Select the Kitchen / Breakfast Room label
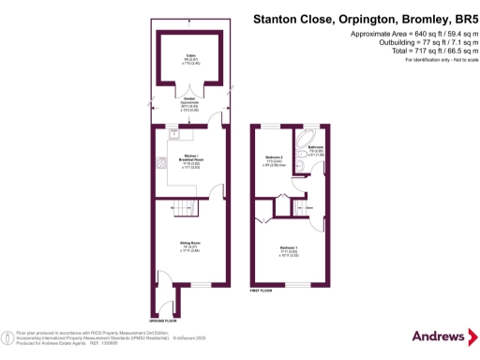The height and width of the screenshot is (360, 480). (x=191, y=159)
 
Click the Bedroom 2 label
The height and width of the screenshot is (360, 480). (x=274, y=157)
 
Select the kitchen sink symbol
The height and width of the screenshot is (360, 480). (x=173, y=132)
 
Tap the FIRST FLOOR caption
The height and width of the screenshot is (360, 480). (x=262, y=292)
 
